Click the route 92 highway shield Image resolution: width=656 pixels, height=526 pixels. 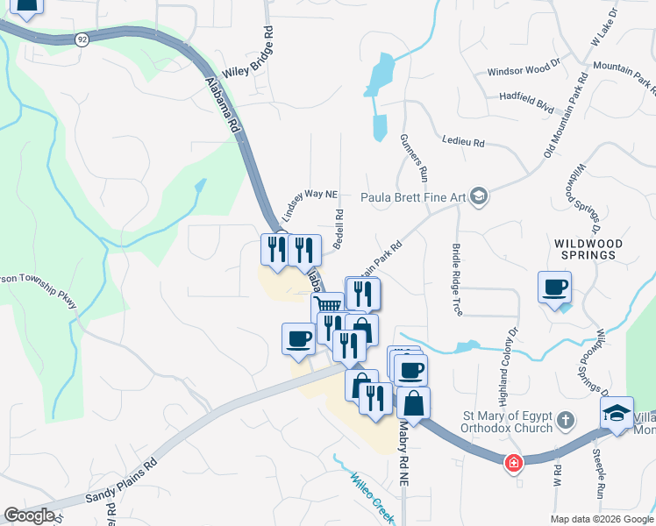(82, 39)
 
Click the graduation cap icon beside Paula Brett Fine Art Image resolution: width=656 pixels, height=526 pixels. (479, 196)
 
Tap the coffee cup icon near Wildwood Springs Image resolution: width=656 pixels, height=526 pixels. (554, 287)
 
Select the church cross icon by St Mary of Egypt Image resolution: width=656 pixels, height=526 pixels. (566, 421)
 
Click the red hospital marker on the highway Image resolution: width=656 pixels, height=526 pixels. (512, 462)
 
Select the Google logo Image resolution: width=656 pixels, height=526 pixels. (29, 515)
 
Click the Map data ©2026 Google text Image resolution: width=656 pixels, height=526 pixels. (601, 519)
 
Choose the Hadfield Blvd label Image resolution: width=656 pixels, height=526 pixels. (526, 102)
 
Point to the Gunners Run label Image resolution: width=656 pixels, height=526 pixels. (412, 158)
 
